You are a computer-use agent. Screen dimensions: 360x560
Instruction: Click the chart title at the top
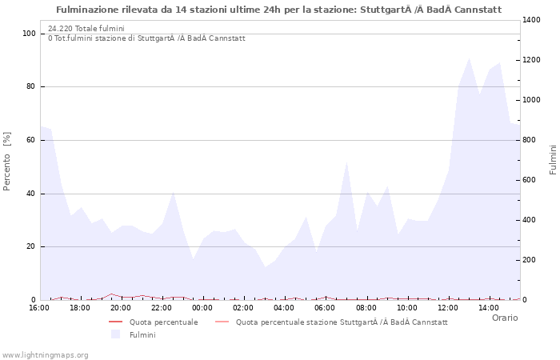click(279, 10)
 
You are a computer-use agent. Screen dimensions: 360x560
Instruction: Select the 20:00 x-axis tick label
click(122, 308)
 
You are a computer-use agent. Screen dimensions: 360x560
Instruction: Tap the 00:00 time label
click(203, 308)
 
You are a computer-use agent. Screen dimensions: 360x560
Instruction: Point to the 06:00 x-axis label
click(326, 308)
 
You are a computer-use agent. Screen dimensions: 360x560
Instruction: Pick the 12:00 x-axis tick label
click(448, 308)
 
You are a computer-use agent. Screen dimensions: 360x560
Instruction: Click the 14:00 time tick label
click(489, 308)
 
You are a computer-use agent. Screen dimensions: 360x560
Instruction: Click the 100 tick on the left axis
click(29, 34)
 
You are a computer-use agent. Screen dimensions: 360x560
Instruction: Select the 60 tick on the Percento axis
click(31, 140)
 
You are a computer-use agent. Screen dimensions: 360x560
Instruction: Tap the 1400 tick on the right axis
click(533, 20)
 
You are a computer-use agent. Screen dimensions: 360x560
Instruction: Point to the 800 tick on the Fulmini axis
click(530, 140)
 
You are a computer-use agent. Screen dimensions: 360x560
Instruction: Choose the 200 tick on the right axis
click(530, 260)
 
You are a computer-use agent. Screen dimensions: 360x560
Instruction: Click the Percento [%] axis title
click(8, 162)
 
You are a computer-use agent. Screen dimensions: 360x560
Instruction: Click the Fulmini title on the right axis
click(553, 159)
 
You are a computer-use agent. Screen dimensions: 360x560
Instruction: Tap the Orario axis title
click(505, 318)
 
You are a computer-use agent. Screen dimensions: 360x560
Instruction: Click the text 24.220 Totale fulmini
click(86, 29)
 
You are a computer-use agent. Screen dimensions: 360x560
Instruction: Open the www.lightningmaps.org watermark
click(46, 354)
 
